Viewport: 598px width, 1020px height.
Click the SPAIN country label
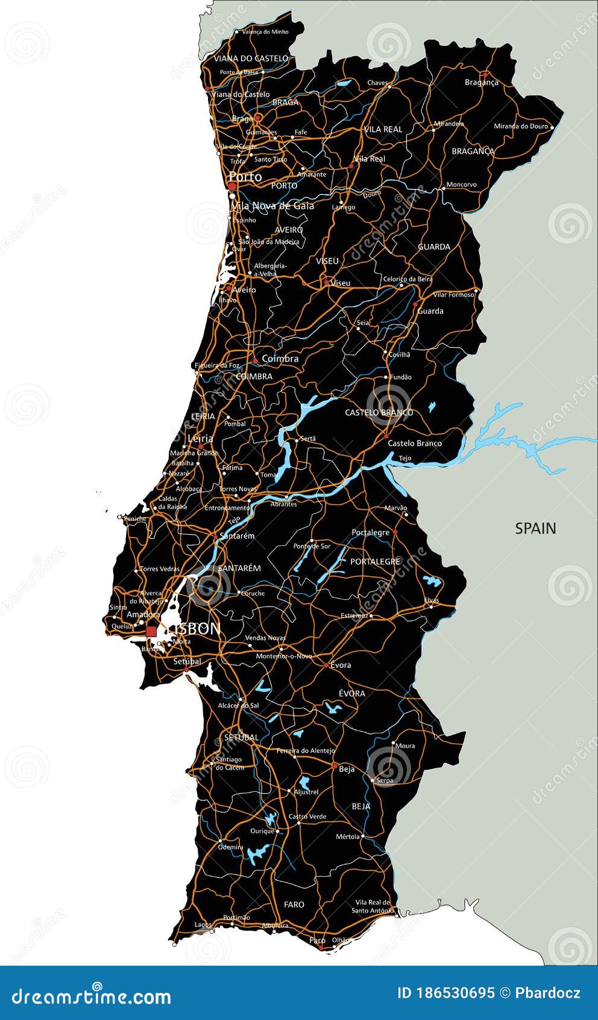pyautogui.click(x=535, y=528)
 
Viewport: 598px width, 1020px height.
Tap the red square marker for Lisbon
pyautogui.click(x=151, y=631)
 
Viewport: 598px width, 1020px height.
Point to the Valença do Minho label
pyautogui.click(x=265, y=32)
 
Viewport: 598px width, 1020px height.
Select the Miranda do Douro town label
pyautogui.click(x=521, y=126)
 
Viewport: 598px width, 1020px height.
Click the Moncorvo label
pyautogui.click(x=461, y=185)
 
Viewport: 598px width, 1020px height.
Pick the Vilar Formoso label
pyautogui.click(x=453, y=295)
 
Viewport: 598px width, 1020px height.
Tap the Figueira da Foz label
pyautogui.click(x=216, y=365)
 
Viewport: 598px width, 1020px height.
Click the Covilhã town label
pyautogui.click(x=399, y=355)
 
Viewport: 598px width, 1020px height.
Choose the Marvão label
pyautogui.click(x=395, y=508)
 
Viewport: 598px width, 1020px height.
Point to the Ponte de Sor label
pyautogui.click(x=312, y=546)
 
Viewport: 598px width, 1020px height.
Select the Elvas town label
pyautogui.click(x=432, y=601)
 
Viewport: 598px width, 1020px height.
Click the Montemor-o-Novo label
pyautogui.click(x=284, y=656)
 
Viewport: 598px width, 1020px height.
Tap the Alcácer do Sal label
pyautogui.click(x=238, y=706)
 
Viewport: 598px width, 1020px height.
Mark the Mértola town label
pyautogui.click(x=348, y=837)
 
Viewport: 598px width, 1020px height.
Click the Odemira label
pyautogui.click(x=231, y=847)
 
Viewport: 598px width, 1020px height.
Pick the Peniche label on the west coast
pyautogui.click(x=135, y=518)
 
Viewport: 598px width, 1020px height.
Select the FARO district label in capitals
pyautogui.click(x=294, y=904)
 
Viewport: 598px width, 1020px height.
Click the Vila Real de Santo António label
pyautogui.click(x=373, y=907)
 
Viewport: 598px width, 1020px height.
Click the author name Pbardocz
pyautogui.click(x=547, y=993)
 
